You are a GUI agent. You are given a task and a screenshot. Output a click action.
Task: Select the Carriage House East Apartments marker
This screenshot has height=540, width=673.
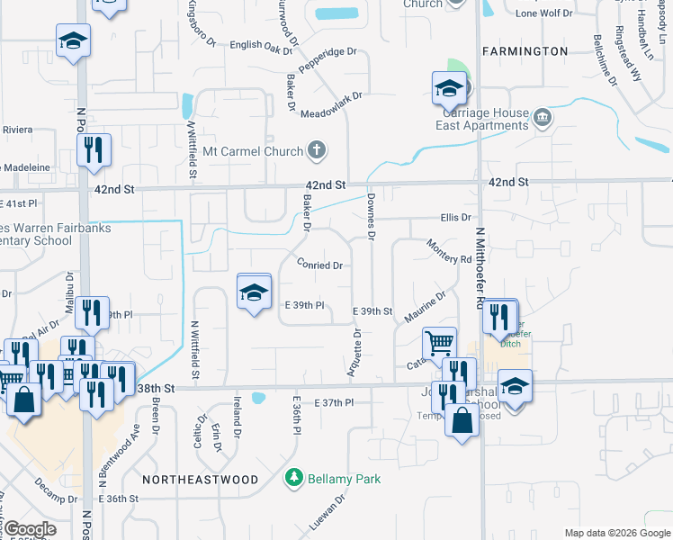(543, 117)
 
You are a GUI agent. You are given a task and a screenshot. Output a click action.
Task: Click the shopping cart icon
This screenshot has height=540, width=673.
(439, 342)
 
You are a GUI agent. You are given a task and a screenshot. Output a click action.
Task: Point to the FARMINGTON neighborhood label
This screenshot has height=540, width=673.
(525, 50)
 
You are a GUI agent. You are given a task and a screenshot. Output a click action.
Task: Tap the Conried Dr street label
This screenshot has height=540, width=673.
(319, 265)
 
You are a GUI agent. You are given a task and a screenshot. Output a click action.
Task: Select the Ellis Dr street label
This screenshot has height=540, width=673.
(456, 218)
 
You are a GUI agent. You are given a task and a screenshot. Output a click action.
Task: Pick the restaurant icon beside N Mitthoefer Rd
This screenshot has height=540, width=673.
(500, 317)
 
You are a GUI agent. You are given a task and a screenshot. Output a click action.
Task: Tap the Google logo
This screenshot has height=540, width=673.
(30, 529)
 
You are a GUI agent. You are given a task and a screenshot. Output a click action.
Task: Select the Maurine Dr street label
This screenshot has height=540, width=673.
(426, 308)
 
